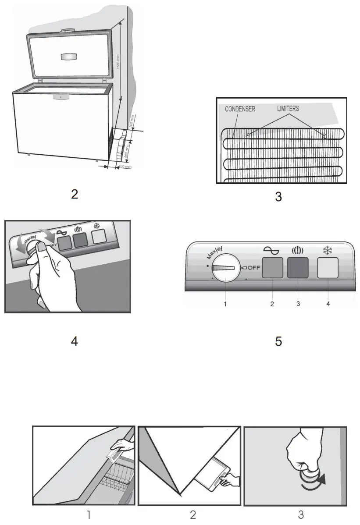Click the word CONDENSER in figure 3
(240, 109)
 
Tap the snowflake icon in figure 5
(328, 250)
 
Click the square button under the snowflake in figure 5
(328, 268)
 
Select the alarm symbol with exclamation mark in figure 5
(297, 251)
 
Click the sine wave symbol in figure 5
(271, 250)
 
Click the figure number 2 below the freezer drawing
(75, 195)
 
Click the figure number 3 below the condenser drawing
(278, 197)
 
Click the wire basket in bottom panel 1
(111, 480)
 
